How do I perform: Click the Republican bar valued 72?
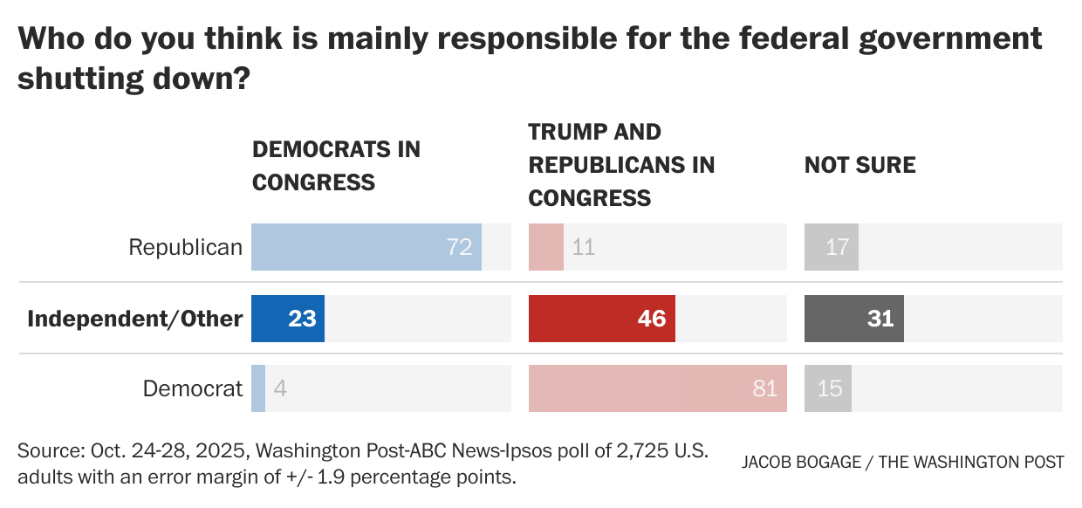[x=366, y=247]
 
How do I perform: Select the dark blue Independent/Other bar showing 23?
[x=288, y=318]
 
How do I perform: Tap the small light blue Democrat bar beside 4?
[x=258, y=388]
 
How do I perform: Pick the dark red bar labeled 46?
[x=601, y=318]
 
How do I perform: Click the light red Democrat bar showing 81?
[x=657, y=388]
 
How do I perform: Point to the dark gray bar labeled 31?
[x=853, y=318]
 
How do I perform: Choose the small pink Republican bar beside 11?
[x=546, y=247]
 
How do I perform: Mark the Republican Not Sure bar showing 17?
[x=832, y=247]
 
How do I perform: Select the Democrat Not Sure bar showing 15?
[x=828, y=388]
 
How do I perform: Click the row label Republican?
[x=185, y=247]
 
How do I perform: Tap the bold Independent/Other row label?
[x=134, y=319]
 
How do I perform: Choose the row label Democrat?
[x=193, y=388]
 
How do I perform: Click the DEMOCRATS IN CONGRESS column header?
[x=336, y=166]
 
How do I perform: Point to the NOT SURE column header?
[x=859, y=165]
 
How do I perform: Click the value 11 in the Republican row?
[x=584, y=247]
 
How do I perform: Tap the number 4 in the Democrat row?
[x=280, y=388]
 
